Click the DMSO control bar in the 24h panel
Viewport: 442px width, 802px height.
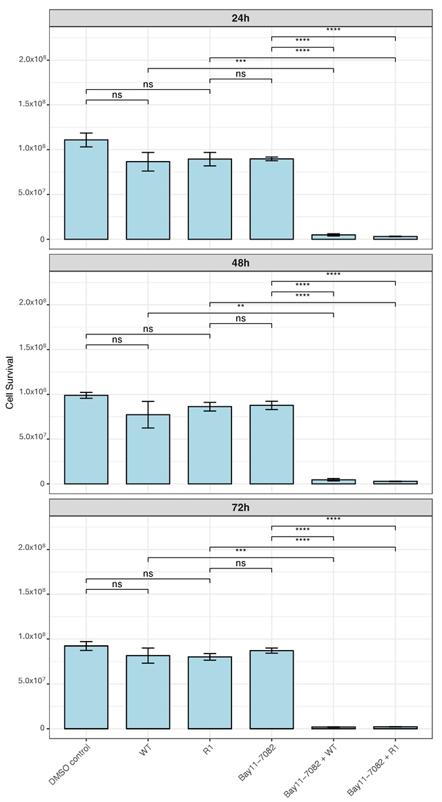point(86,190)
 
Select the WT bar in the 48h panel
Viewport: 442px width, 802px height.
point(148,449)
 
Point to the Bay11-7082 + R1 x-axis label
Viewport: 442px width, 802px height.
point(372,771)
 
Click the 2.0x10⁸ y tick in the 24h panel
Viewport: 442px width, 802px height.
point(32,59)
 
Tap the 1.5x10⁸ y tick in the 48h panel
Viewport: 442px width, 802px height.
point(32,347)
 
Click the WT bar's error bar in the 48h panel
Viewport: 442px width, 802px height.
point(148,414)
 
